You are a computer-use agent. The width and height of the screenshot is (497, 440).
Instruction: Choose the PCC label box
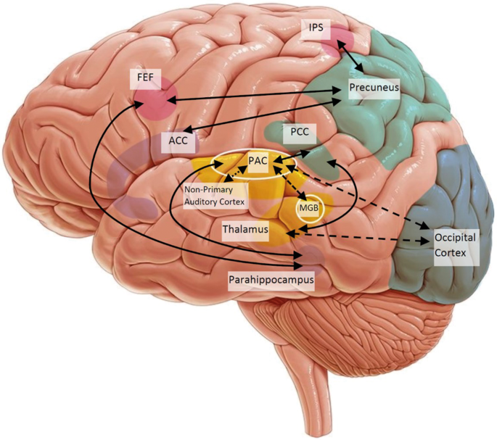299,133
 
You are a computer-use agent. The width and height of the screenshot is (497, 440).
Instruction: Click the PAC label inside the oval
258,159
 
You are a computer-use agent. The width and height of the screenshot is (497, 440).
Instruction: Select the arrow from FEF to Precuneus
254,95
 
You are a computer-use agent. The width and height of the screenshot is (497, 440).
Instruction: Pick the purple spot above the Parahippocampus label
312,256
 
